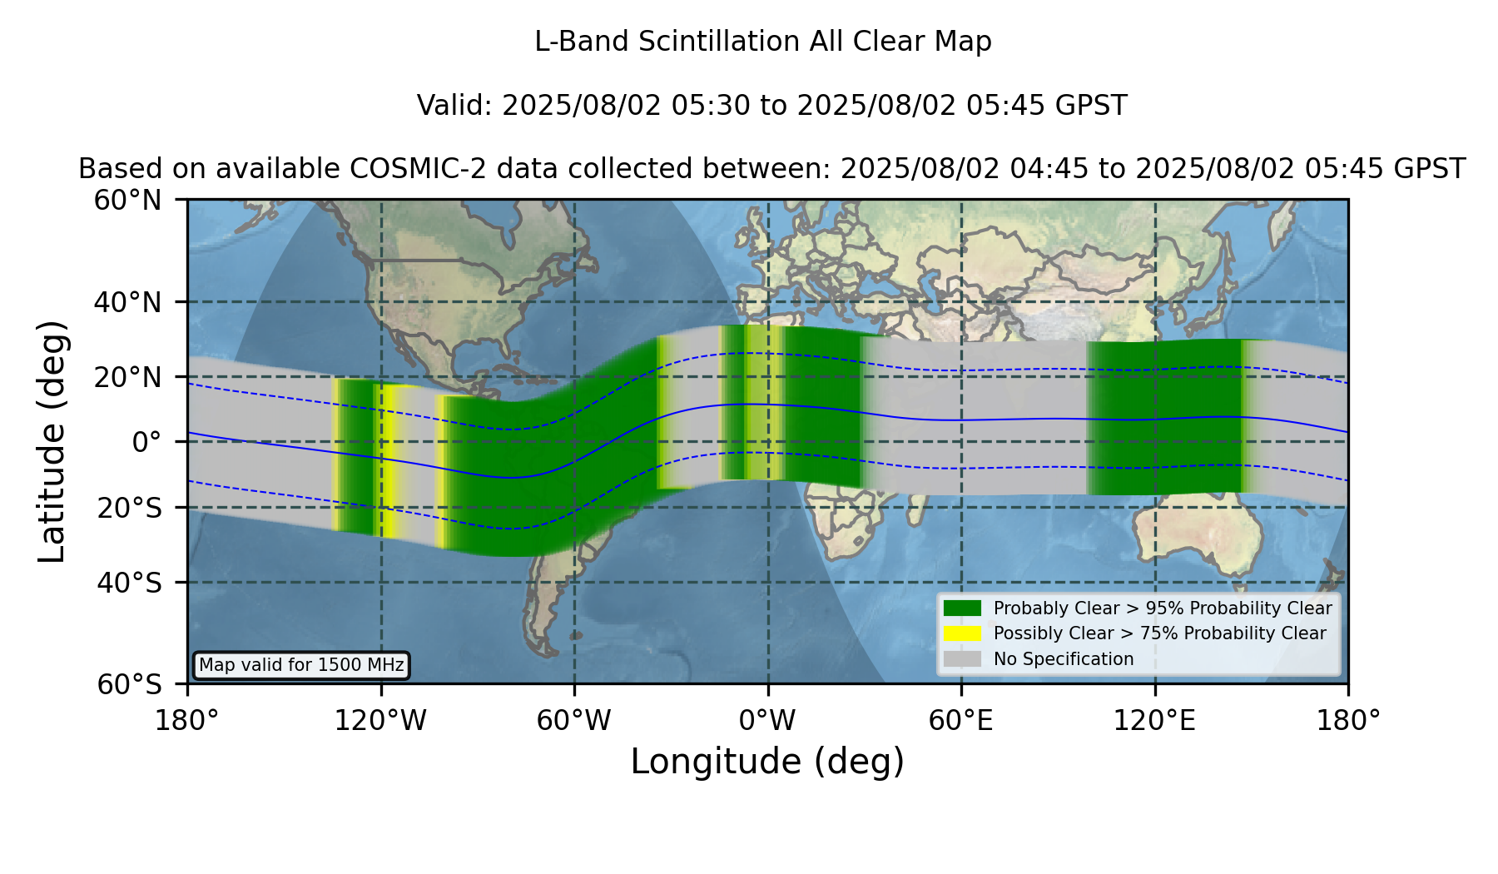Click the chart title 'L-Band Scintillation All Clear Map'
pyautogui.click(x=763, y=42)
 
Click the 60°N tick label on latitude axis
pyautogui.click(x=127, y=200)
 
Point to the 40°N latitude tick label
pyautogui.click(x=127, y=302)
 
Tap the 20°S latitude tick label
pyautogui.click(x=129, y=507)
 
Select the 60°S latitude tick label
pyautogui.click(x=129, y=684)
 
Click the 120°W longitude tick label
pyautogui.click(x=380, y=720)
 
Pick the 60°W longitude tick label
pyautogui.click(x=574, y=720)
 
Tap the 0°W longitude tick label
pyautogui.click(x=767, y=720)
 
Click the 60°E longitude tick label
pyautogui.click(x=961, y=720)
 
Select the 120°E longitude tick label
pyautogui.click(x=1155, y=720)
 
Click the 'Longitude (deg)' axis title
pyautogui.click(x=767, y=762)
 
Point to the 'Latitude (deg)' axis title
pyautogui.click(x=52, y=441)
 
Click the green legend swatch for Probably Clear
pyautogui.click(x=962, y=608)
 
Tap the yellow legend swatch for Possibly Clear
pyautogui.click(x=962, y=633)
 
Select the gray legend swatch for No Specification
pyautogui.click(x=962, y=659)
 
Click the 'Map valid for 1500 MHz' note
pyautogui.click(x=301, y=665)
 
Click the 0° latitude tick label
pyautogui.click(x=147, y=442)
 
